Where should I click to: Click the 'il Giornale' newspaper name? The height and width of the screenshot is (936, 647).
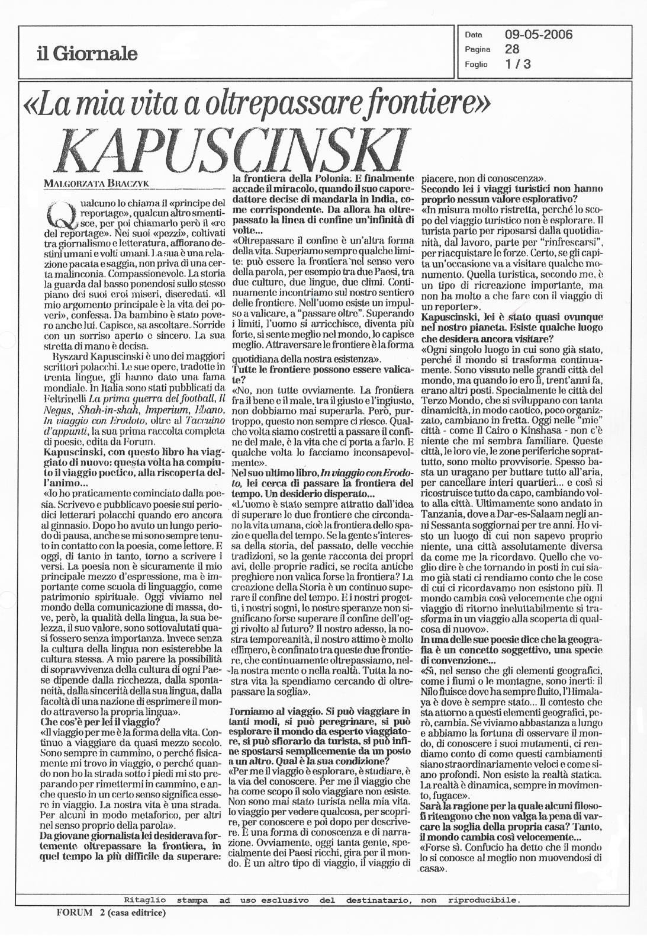pyautogui.click(x=86, y=55)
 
